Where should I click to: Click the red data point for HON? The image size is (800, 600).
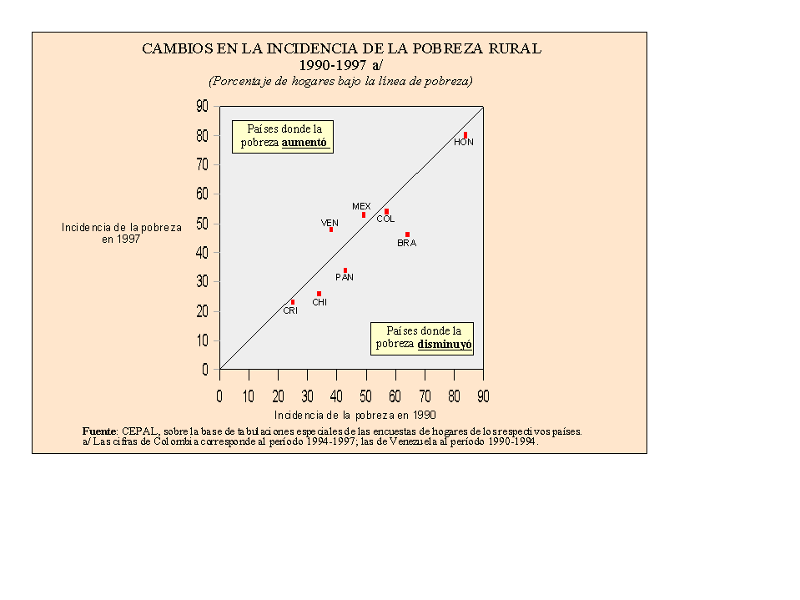pyautogui.click(x=465, y=135)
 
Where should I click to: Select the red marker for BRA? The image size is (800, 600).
pyautogui.click(x=407, y=234)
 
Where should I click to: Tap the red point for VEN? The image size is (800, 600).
pyautogui.click(x=331, y=229)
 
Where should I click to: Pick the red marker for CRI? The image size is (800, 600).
pyautogui.click(x=293, y=302)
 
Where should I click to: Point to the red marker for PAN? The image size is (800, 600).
pyautogui.click(x=345, y=270)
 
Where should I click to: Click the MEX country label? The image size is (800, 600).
pyautogui.click(x=361, y=206)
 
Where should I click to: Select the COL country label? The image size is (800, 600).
pyautogui.click(x=385, y=219)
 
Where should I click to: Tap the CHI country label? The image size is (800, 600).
pyautogui.click(x=319, y=303)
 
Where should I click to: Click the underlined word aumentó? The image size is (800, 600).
pyautogui.click(x=304, y=143)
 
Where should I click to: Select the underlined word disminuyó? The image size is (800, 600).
pyautogui.click(x=445, y=344)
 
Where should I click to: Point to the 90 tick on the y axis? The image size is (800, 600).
pyautogui.click(x=202, y=106)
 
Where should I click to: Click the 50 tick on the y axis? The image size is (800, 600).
pyautogui.click(x=202, y=224)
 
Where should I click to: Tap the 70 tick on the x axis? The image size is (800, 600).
pyautogui.click(x=425, y=396)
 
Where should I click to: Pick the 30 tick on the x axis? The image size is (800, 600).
pyautogui.click(x=307, y=396)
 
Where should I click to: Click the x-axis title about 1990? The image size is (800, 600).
pyautogui.click(x=355, y=415)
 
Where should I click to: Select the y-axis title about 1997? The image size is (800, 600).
pyautogui.click(x=121, y=233)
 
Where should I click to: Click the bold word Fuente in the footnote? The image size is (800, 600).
pyautogui.click(x=99, y=431)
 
